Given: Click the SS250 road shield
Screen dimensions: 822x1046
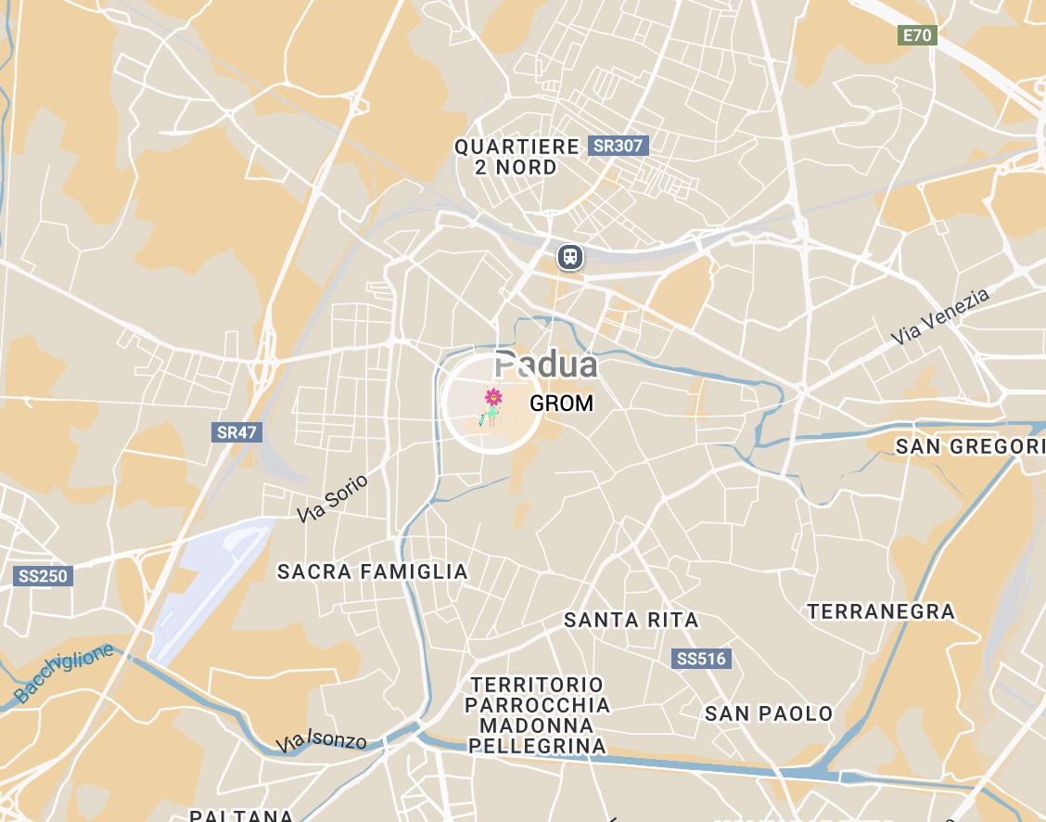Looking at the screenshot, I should point(44,576).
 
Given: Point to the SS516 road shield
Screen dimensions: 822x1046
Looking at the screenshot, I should point(701,660).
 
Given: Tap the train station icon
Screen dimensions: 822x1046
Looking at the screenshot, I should point(569,256).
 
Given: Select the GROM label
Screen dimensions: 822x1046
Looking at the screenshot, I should point(561,405).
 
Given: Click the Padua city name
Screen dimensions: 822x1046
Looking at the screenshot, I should point(546,365).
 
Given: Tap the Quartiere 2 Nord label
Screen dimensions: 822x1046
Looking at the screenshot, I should point(516,157).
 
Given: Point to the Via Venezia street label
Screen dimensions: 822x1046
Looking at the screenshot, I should point(940,317).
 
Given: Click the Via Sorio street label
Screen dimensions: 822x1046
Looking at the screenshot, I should point(333,498).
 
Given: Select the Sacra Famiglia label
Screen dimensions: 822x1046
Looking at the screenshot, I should point(373,572).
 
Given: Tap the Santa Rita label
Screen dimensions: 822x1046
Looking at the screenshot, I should point(631,620).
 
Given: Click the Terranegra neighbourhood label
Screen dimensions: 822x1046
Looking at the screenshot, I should point(881,611).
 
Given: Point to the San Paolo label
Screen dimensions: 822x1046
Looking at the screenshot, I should point(769,713).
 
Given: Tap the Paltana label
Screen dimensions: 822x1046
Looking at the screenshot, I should point(241,816).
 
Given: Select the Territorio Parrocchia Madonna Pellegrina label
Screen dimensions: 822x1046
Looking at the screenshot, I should point(538,715).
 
